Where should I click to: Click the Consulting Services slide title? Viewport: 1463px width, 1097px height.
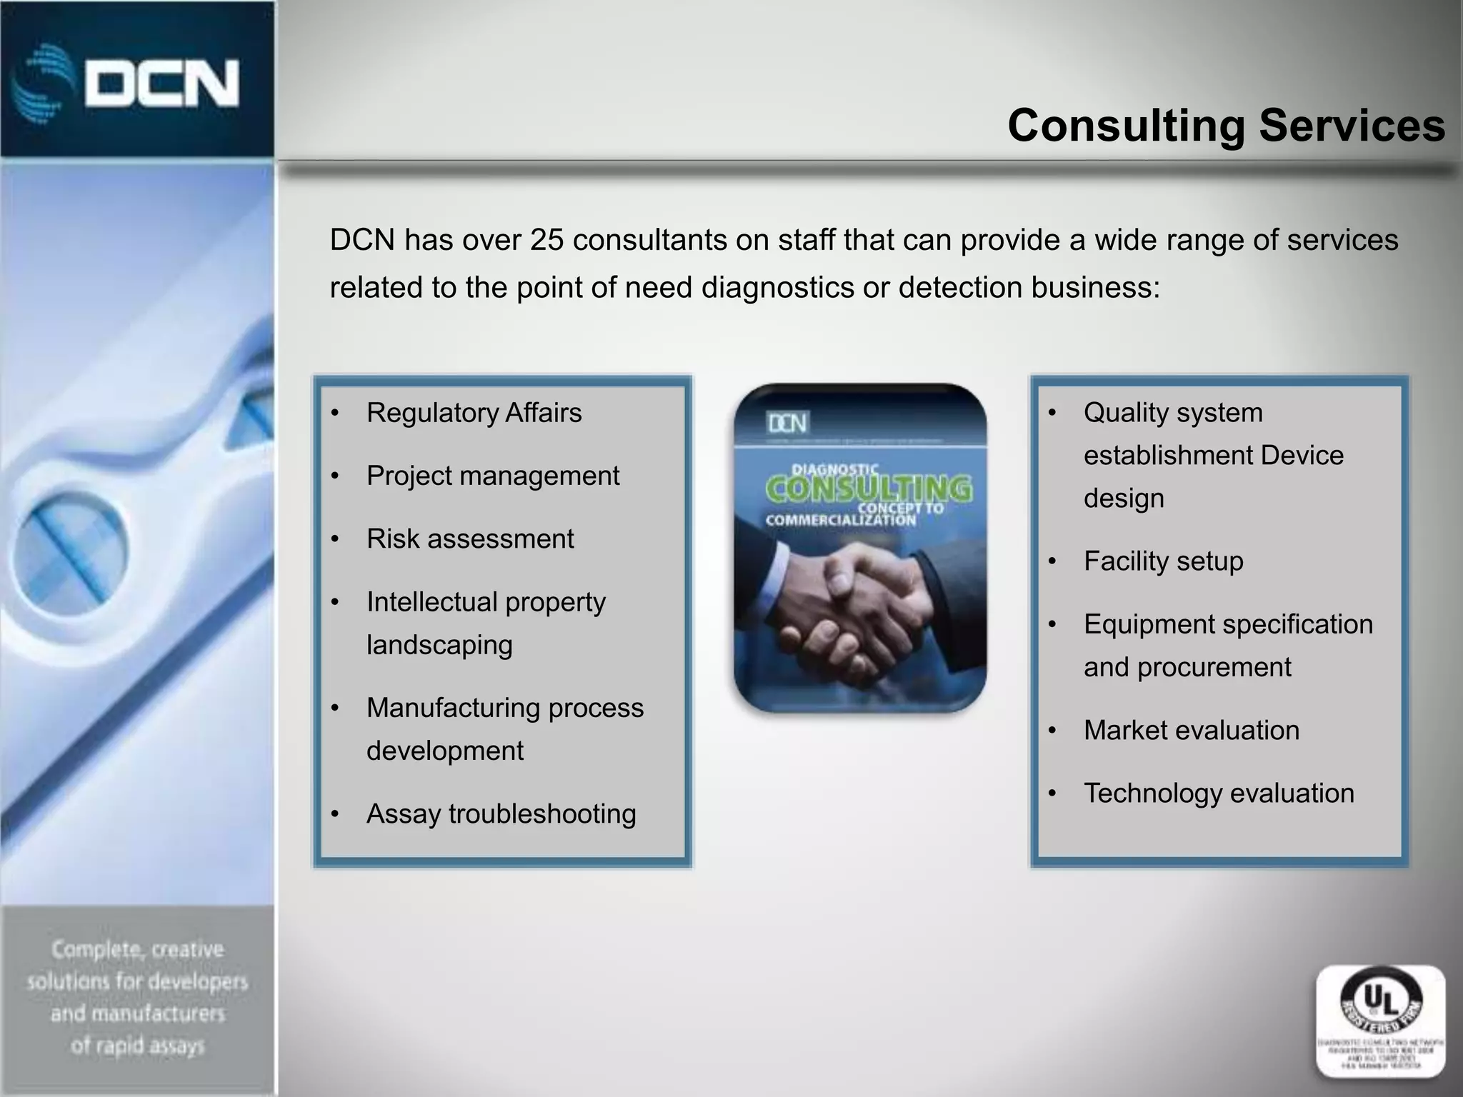(1226, 126)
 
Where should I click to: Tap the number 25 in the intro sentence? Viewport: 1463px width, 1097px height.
(546, 240)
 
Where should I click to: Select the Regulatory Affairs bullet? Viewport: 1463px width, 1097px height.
(474, 413)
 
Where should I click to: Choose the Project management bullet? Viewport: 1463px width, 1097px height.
(492, 476)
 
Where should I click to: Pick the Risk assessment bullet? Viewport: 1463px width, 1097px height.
(469, 539)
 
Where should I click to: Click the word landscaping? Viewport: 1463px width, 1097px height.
(439, 645)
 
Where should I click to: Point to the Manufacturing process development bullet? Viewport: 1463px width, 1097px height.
(504, 728)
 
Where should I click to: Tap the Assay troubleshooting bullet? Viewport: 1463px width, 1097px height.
(501, 813)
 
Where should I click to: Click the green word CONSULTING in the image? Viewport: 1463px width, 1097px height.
(868, 489)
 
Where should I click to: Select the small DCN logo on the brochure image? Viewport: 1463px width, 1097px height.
(787, 423)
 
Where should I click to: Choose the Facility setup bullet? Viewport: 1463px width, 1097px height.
(1163, 561)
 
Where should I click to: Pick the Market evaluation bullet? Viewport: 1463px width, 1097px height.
(1191, 730)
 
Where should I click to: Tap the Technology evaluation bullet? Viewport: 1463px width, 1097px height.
(1218, 793)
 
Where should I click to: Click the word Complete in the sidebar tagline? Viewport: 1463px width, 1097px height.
(98, 950)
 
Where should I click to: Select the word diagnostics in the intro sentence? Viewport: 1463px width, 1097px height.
(777, 288)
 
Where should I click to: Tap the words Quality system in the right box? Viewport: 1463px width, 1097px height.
(1173, 413)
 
